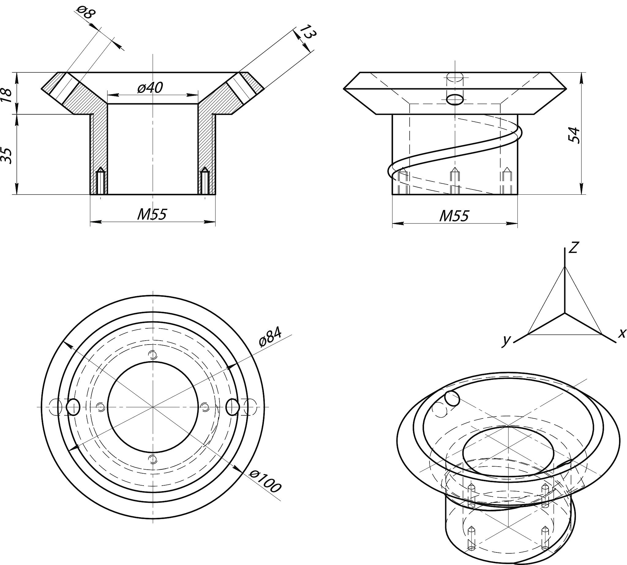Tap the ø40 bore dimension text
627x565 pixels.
click(150, 88)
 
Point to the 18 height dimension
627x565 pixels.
click(7, 95)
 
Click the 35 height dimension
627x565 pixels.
click(7, 156)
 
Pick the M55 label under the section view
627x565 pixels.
click(152, 215)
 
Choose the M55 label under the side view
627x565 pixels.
click(454, 216)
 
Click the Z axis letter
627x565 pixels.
click(573, 247)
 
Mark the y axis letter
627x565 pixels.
click(506, 340)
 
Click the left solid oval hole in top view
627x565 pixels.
click(73, 407)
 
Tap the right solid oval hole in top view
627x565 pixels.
click(233, 407)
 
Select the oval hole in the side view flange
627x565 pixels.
click(455, 100)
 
